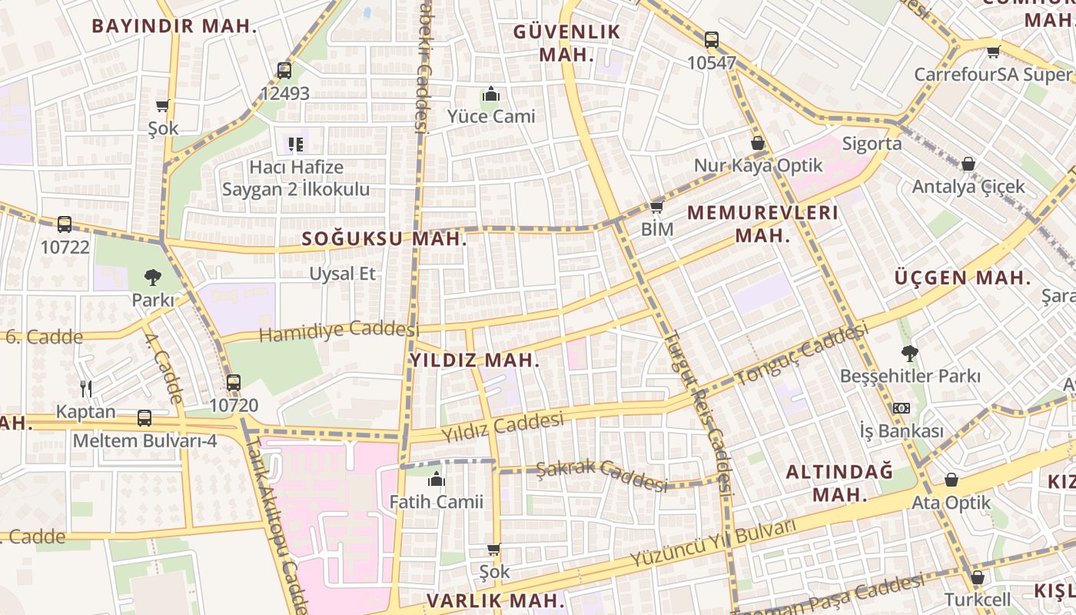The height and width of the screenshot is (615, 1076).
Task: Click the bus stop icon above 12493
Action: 284,71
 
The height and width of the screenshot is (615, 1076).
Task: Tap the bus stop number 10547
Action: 712,63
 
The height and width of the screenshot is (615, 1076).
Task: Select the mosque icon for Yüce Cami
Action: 491,95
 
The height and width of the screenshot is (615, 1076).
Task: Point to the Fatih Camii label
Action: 437,502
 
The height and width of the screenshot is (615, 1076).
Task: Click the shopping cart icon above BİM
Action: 656,207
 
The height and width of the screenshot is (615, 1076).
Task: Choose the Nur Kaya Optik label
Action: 758,165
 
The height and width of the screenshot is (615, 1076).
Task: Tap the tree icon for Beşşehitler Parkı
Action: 910,354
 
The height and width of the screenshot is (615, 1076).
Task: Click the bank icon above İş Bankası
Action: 901,408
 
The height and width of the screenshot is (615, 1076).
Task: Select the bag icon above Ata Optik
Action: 951,480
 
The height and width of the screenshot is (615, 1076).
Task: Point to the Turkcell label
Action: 978,599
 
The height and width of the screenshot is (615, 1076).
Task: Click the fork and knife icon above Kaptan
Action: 86,389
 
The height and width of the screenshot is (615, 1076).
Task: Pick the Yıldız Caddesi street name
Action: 503,427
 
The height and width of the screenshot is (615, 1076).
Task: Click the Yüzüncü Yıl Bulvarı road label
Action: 712,544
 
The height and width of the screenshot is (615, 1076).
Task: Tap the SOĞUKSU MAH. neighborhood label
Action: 384,238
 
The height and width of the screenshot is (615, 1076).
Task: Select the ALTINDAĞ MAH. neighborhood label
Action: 839,482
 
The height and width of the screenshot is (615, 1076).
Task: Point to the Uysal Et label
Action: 343,273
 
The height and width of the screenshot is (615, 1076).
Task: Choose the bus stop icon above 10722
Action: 65,224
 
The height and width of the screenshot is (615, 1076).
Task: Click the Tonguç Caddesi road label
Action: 802,354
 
